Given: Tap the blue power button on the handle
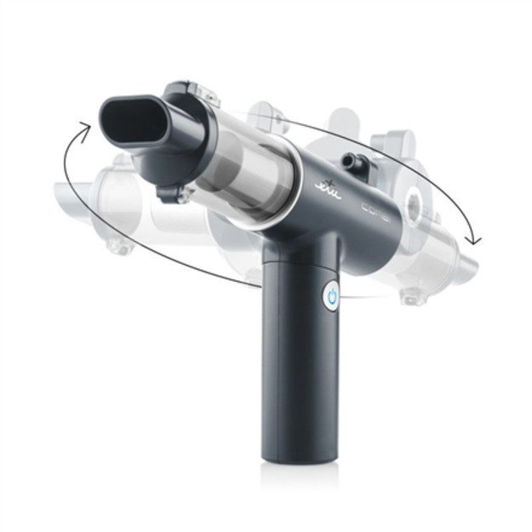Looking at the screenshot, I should [x=331, y=295].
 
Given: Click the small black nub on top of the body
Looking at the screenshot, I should [x=350, y=160].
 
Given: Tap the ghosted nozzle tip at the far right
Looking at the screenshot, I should [x=465, y=248].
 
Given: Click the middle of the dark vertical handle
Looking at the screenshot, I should [x=295, y=358].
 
